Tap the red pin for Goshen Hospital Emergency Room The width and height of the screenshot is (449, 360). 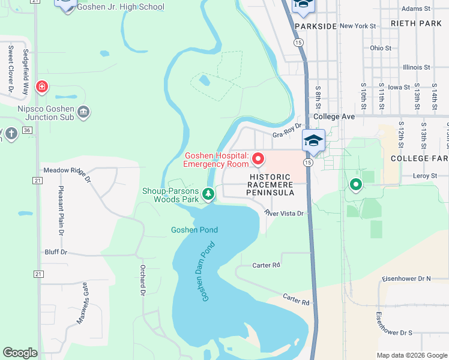click(x=258, y=159)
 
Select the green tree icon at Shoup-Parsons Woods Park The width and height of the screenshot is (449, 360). click(x=208, y=194)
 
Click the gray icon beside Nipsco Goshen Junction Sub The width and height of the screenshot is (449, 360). click(x=84, y=112)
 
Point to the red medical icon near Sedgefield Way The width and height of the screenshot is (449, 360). click(x=41, y=87)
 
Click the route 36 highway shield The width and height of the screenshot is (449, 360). click(x=26, y=130)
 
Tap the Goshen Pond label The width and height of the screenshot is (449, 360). click(x=194, y=230)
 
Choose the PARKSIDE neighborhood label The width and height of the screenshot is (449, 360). click(x=316, y=27)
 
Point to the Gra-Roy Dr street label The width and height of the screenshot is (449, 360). click(x=286, y=136)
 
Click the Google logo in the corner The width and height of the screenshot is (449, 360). click(x=20, y=353)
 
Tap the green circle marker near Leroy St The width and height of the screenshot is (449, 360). click(x=355, y=184)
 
